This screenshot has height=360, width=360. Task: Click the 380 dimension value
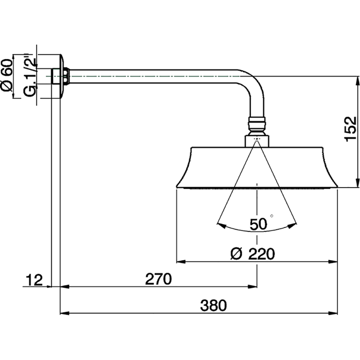point(214,305)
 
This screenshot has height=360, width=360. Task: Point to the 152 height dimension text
point(350,129)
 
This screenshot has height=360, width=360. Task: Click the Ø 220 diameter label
point(252,254)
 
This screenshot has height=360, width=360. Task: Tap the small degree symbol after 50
point(272,217)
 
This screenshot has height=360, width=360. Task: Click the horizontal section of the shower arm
point(154,76)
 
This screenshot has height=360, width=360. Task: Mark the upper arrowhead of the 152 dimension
point(356,80)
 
